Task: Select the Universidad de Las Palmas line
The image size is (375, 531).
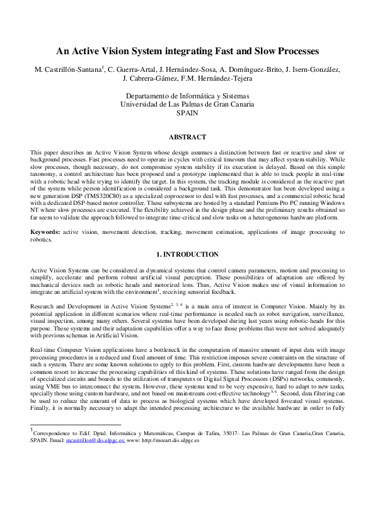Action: click(187, 105)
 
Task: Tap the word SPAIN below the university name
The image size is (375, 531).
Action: click(188, 114)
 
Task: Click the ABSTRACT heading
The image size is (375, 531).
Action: click(187, 137)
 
